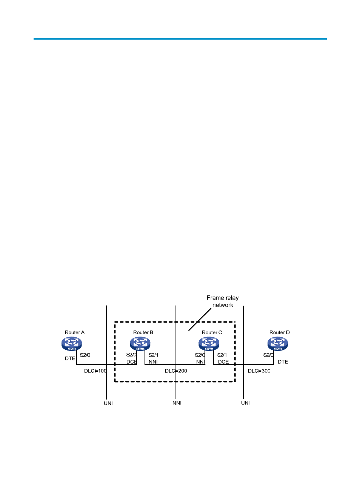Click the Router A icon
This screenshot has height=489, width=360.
coord(72,343)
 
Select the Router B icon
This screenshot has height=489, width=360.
coord(140,343)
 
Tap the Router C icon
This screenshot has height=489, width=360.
coord(209,343)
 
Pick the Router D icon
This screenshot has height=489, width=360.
coord(278,343)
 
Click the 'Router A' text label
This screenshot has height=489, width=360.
coord(75,332)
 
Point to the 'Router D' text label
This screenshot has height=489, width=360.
coord(280,332)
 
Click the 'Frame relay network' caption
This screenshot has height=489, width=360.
coord(223,301)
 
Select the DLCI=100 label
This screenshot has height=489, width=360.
coord(95,371)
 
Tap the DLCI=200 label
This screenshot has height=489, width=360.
coord(176,371)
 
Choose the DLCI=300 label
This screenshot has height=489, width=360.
coord(259,371)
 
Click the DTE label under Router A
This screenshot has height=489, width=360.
coord(70,358)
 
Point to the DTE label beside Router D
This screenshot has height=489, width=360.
coord(283,362)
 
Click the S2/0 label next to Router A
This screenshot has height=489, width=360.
coord(85,355)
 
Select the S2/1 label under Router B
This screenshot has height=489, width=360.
coord(154,355)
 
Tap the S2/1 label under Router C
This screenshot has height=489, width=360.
coord(222,355)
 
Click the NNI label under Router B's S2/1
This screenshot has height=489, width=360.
coord(153,362)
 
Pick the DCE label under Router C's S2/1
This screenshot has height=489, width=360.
coord(223,362)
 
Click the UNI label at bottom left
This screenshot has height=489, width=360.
coord(108,403)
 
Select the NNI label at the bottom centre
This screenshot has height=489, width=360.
coord(177,403)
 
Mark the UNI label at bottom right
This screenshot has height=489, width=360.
coord(246,403)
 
